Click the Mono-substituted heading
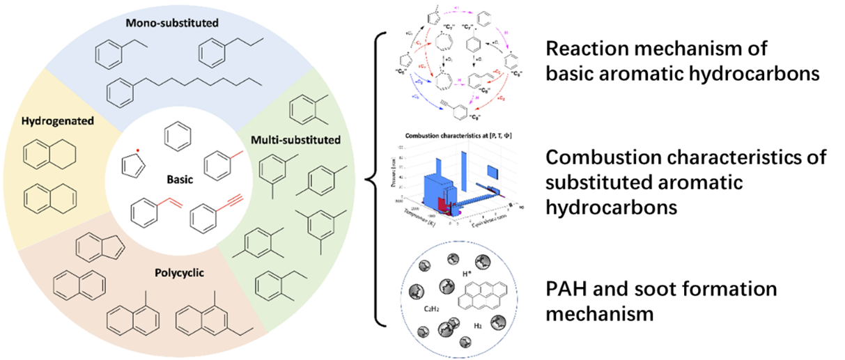coord(172,23)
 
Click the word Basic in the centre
coord(180,179)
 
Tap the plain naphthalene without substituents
coord(79,285)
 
